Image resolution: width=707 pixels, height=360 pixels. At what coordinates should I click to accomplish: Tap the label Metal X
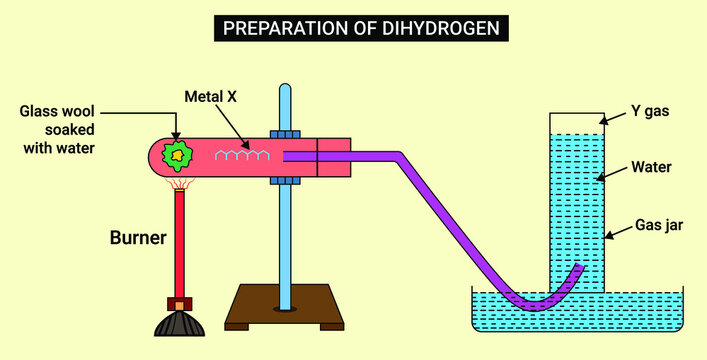(210, 97)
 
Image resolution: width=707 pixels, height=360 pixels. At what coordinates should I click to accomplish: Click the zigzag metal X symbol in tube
(239, 155)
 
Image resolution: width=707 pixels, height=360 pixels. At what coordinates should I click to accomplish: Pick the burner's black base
(179, 324)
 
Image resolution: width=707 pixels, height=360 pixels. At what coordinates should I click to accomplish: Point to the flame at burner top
(180, 184)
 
